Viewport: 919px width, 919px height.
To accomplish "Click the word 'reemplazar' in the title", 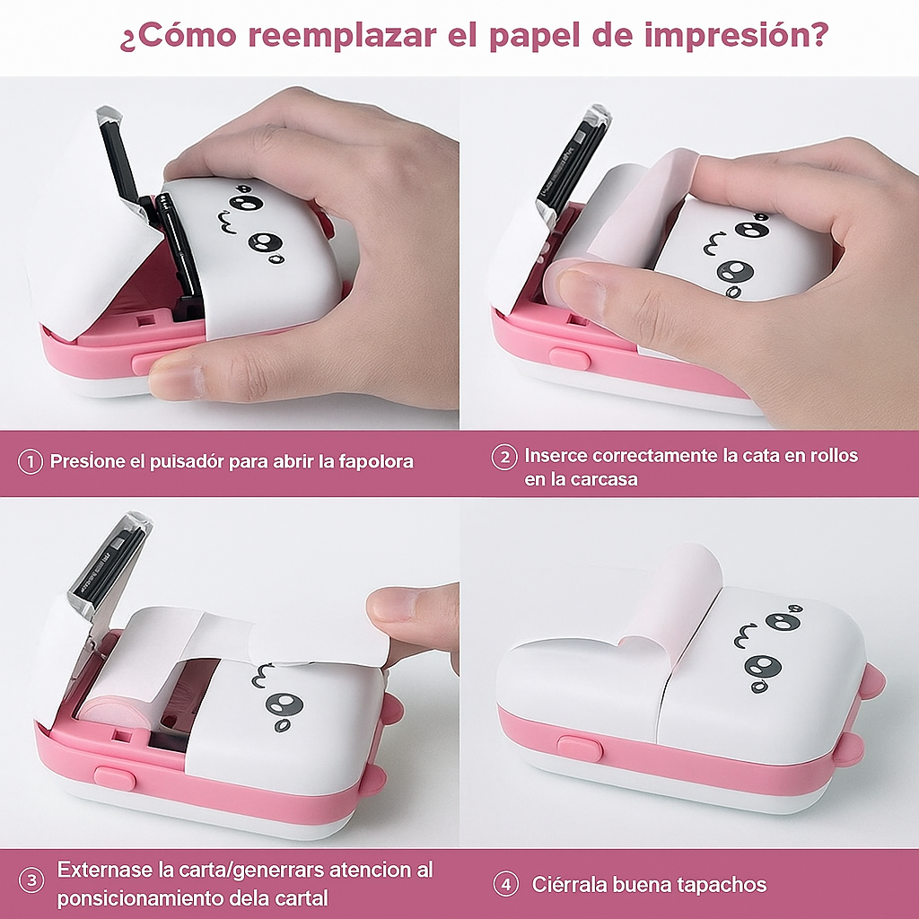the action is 342,36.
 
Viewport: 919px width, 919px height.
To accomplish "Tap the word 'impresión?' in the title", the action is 736,36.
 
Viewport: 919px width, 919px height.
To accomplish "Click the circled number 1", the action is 31,462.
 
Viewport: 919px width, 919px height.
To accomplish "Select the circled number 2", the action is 504,457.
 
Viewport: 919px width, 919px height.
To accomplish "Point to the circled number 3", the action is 31,880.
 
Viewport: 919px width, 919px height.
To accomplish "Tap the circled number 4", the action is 506,884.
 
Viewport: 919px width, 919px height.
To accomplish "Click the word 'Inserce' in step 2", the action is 555,455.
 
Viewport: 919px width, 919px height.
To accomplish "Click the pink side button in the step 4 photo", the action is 579,748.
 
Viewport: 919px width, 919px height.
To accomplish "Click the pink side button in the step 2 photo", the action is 569,358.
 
